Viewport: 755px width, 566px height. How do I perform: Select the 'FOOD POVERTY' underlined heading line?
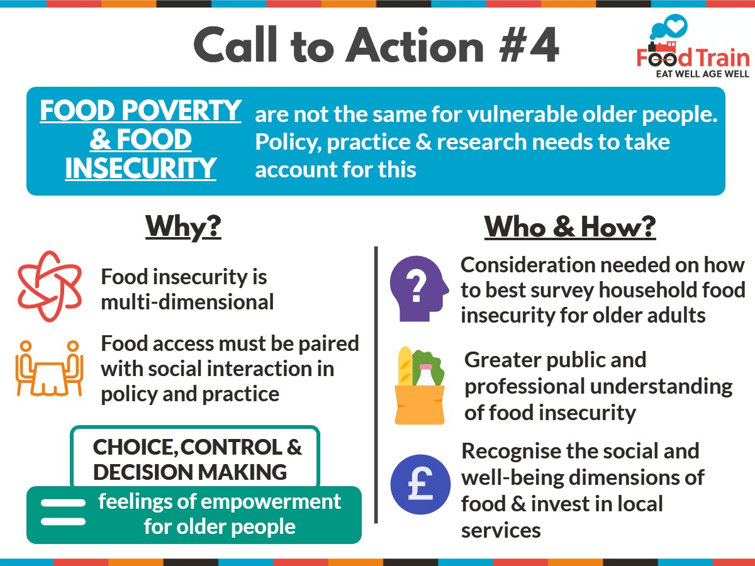[x=140, y=111]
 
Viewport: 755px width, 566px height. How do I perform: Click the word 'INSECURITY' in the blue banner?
[x=140, y=169]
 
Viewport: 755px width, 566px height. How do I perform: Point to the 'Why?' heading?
[x=183, y=227]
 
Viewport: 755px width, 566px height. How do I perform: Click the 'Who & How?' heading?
[x=569, y=227]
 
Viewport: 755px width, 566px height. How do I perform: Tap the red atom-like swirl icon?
[x=49, y=286]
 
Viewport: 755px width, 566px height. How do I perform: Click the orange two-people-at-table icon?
[x=49, y=368]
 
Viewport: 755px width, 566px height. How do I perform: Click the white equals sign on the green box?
[x=63, y=513]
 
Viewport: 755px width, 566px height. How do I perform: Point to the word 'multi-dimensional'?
[x=187, y=302]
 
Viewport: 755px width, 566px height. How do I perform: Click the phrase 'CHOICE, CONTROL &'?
[x=198, y=447]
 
